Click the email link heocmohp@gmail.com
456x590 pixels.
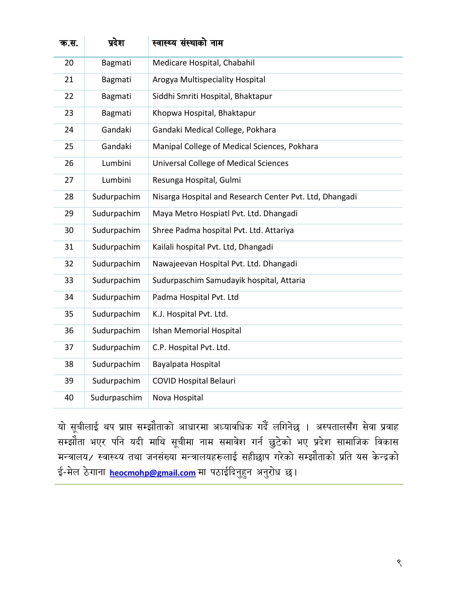point(152,473)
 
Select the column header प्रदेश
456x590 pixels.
point(116,43)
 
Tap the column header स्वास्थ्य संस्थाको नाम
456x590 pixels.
point(188,43)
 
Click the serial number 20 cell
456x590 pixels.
point(69,63)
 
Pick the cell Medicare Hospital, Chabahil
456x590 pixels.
point(204,63)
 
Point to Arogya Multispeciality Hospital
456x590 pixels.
point(209,80)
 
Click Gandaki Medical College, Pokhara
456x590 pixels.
point(214,130)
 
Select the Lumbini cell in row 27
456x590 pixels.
point(116,180)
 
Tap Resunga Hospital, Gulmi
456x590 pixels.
point(197,180)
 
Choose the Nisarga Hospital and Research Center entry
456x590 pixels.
point(255,197)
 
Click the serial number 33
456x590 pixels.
point(69,280)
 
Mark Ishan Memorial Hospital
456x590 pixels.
point(197,331)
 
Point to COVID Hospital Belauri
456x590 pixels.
point(194,381)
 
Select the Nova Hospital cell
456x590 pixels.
point(178,398)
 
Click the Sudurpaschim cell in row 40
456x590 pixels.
point(116,398)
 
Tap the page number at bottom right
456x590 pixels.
point(399,563)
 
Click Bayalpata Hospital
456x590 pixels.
point(186,364)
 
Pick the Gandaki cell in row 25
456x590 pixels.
point(116,147)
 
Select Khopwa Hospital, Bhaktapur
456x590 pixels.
point(204,113)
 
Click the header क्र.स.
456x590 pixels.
point(69,43)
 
